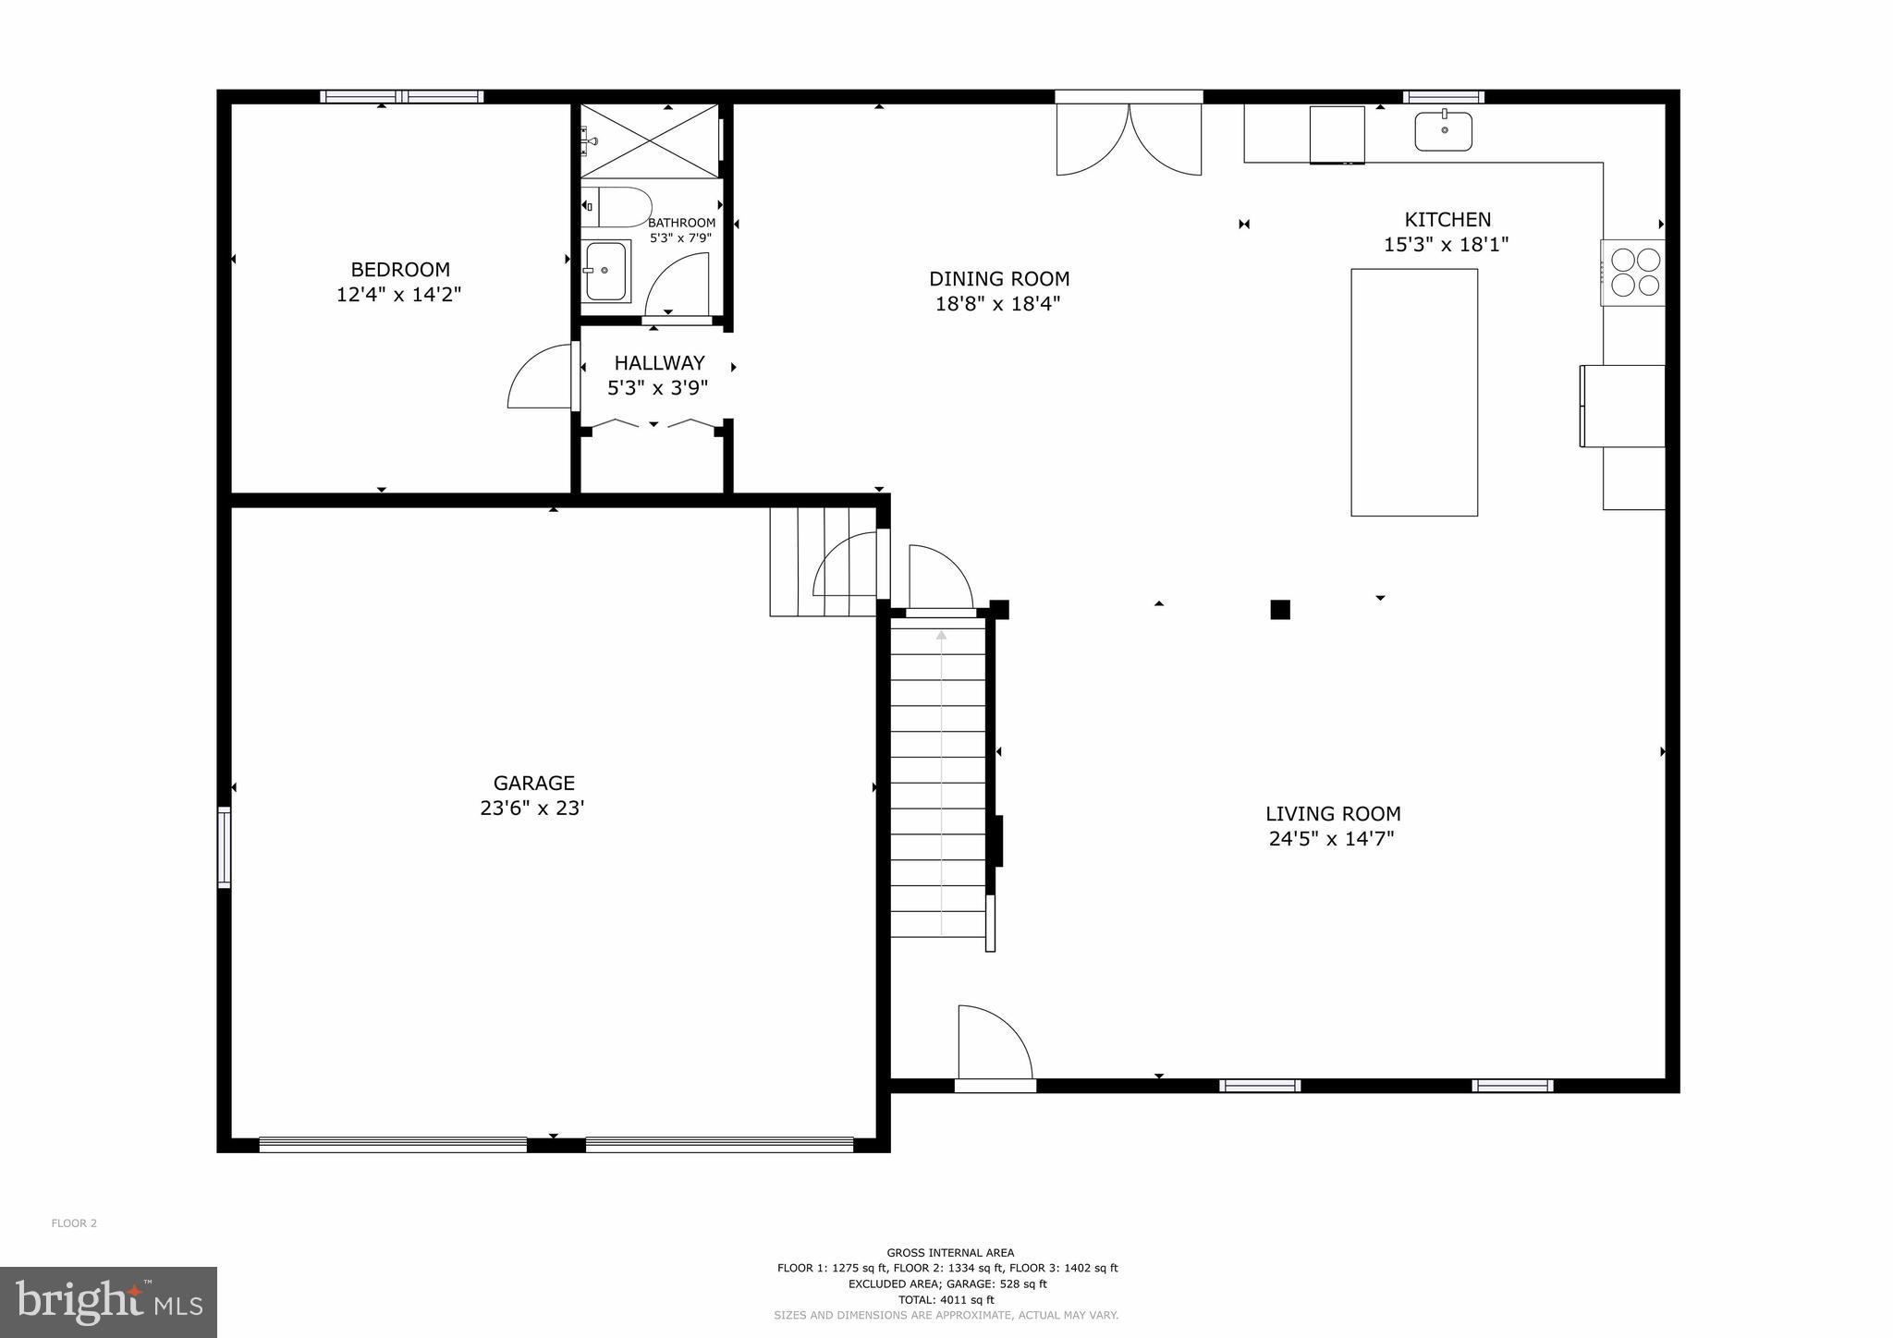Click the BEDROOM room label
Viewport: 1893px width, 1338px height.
click(400, 270)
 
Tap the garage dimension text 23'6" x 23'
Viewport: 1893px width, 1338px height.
click(532, 809)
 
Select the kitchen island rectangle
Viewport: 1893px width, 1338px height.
click(1413, 392)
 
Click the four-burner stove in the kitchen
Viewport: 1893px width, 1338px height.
click(1634, 273)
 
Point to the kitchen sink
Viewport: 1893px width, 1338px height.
click(1443, 131)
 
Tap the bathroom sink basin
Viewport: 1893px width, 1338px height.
click(605, 271)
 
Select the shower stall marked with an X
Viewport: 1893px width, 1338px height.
click(650, 140)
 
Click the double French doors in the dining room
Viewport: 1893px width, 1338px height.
click(1129, 139)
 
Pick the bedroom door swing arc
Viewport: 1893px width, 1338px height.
click(538, 377)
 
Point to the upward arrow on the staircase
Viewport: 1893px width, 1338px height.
click(941, 637)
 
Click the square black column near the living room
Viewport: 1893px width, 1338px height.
click(1279, 610)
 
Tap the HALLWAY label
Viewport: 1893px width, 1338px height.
click(659, 363)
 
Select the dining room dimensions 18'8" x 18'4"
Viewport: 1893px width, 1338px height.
click(997, 304)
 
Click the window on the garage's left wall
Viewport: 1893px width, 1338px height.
click(224, 847)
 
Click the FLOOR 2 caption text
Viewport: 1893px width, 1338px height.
click(74, 1223)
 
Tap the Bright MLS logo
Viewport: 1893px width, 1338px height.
click(108, 1302)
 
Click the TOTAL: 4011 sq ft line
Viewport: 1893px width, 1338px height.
click(946, 1299)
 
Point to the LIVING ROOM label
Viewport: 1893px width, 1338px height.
click(1332, 814)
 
